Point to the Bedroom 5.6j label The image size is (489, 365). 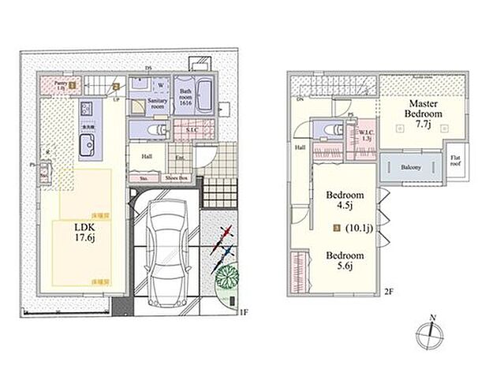point(345,261)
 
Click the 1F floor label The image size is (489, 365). point(244,313)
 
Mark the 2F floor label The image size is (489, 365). point(388,292)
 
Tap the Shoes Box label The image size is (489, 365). point(177,178)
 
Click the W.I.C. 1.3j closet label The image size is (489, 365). point(367,135)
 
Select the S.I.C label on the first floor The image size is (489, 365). point(192,131)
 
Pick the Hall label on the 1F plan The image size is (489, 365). point(147,155)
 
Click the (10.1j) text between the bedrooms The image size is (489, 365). point(359,231)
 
